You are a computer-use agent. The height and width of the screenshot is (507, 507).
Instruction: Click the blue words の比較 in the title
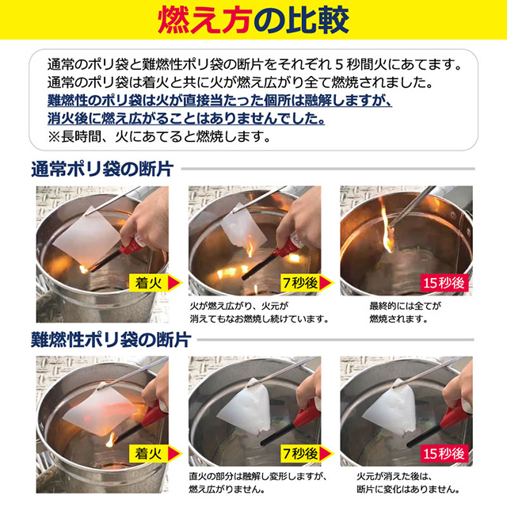point(304,20)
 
